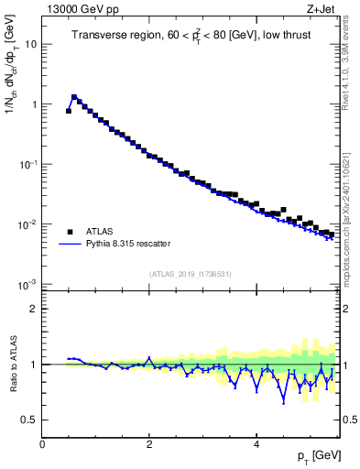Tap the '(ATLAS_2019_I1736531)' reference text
pos(190,274)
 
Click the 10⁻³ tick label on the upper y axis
pos(27,284)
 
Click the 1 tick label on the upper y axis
pos(33,104)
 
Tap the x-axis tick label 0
pos(42,444)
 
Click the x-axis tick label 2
pos(149,444)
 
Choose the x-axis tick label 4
pos(256,444)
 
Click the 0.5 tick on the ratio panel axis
pos(28,420)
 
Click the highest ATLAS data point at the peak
pos(74,96)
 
